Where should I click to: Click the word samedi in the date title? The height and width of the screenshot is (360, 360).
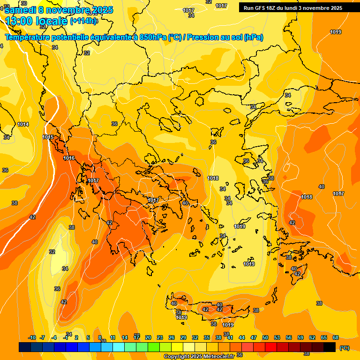(x=20, y=10)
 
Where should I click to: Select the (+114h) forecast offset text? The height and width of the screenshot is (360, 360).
(x=83, y=21)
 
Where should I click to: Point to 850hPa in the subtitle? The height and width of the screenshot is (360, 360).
(x=152, y=37)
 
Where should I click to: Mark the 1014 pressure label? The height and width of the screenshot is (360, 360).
(x=23, y=124)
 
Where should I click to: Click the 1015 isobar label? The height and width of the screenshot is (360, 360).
(x=48, y=137)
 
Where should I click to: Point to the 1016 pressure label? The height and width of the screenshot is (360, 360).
(x=69, y=158)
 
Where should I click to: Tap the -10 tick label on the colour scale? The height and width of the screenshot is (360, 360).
(x=32, y=337)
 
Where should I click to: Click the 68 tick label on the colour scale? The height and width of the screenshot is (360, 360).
(x=336, y=337)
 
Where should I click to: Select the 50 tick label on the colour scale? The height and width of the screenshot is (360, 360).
(x=265, y=337)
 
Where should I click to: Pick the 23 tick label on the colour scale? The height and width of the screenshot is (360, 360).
(x=160, y=337)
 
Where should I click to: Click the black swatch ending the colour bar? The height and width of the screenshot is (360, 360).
(x=330, y=347)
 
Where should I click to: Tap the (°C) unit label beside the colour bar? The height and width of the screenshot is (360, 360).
(x=345, y=347)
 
